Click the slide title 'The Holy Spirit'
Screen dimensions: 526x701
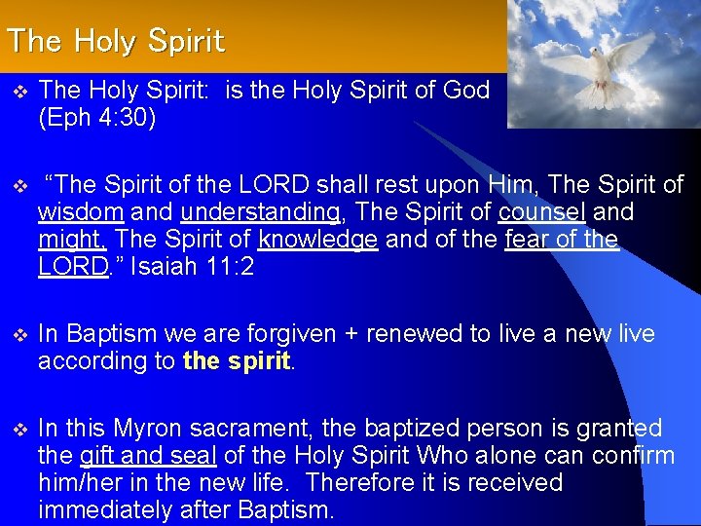pos(115,42)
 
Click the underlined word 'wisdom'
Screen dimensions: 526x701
pos(80,212)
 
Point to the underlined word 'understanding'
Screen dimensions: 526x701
pos(260,212)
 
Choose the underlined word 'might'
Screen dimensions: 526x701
pos(71,240)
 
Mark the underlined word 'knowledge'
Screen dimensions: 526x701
pos(317,240)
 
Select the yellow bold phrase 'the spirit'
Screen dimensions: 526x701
pos(237,361)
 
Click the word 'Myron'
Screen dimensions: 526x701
pos(146,429)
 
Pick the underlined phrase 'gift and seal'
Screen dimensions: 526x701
pos(148,456)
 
